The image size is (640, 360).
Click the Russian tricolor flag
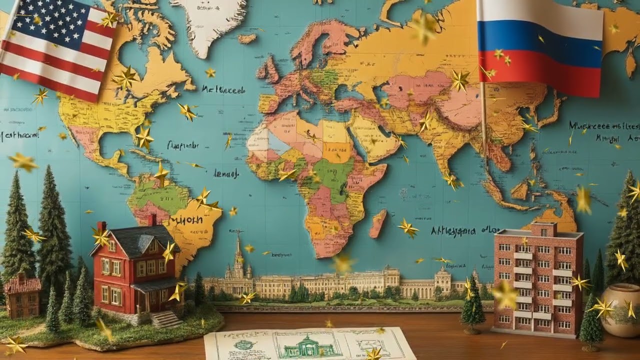click(540, 47)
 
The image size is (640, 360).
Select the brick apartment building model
click(538, 282)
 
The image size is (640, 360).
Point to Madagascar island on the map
click(378, 223)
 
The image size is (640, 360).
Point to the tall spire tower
click(238, 255)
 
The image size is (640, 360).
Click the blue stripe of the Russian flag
click(540, 44)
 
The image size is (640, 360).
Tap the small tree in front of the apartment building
click(472, 305)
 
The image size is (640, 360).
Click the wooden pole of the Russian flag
click(483, 125)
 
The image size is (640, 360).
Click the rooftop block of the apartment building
click(544, 229)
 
